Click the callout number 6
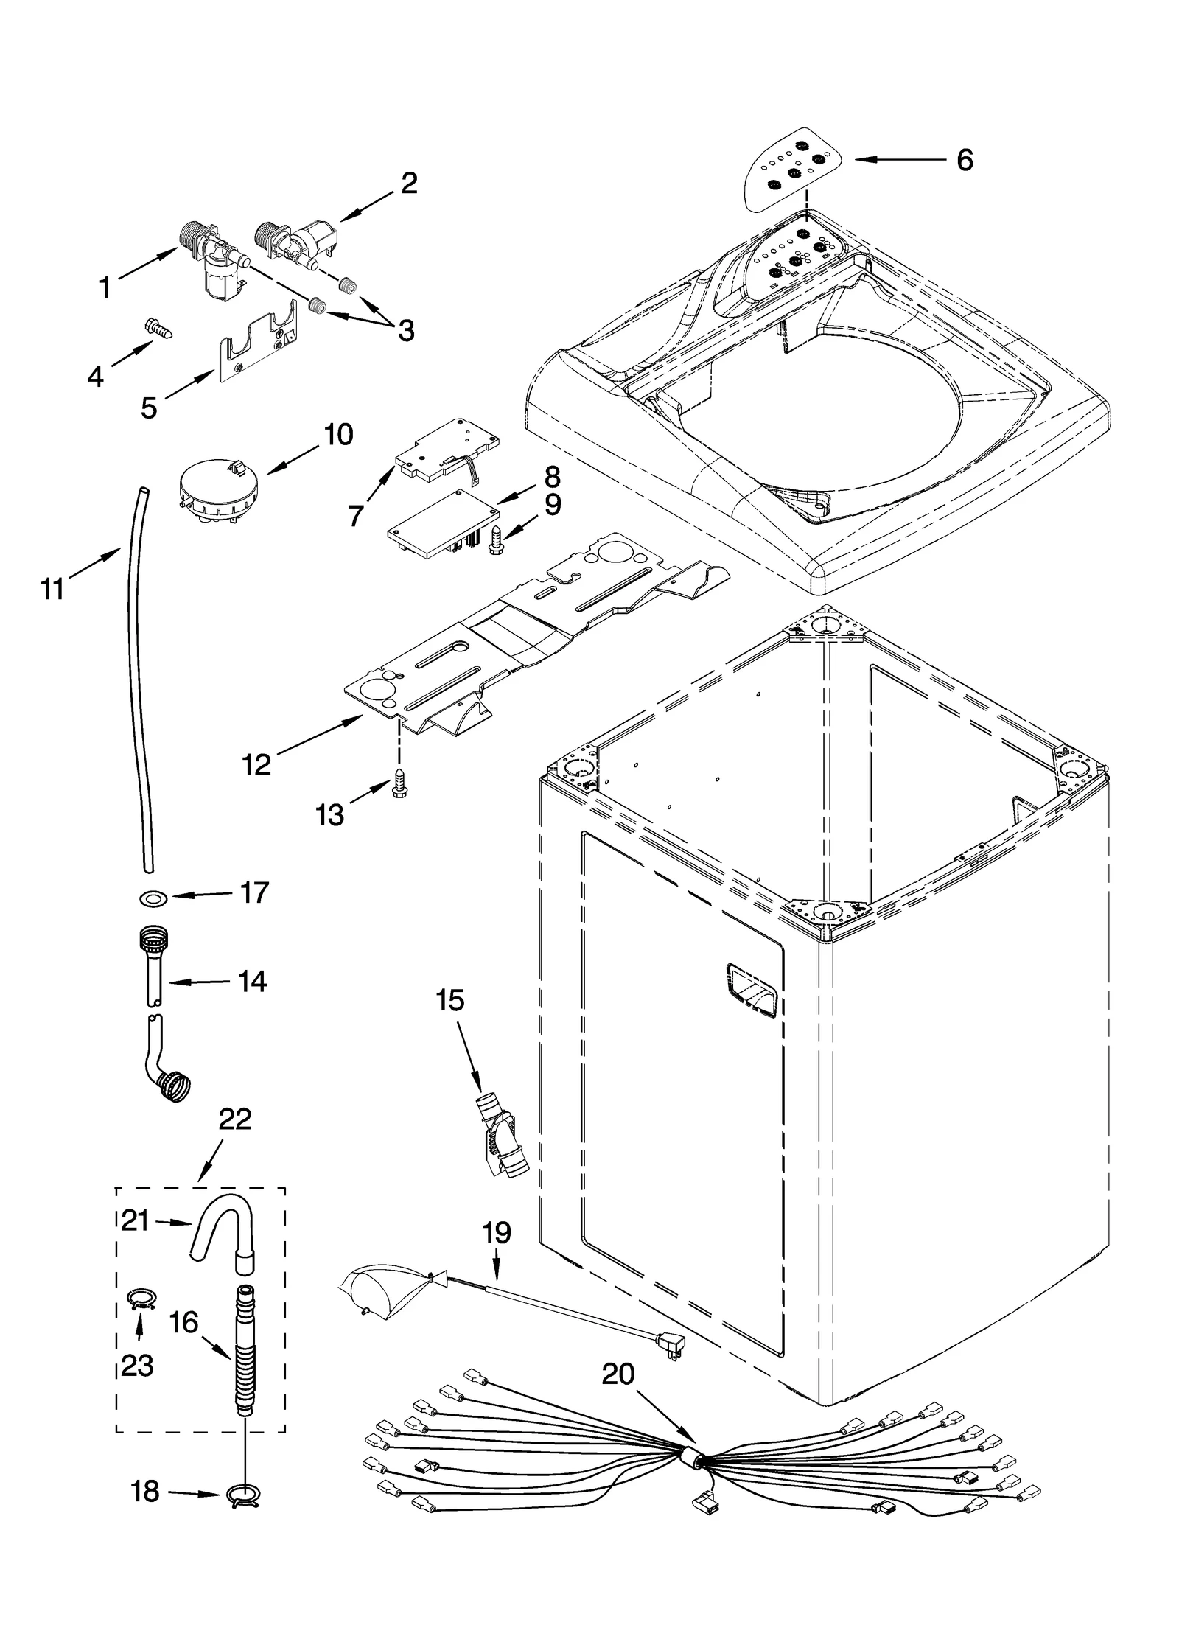point(964,160)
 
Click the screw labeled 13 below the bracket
point(400,784)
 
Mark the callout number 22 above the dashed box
point(235,1139)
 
